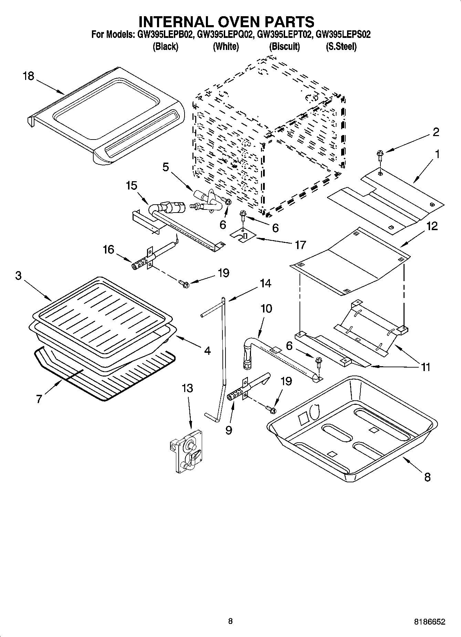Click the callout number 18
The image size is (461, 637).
(x=29, y=76)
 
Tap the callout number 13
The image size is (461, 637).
(x=187, y=388)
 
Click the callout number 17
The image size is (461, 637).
(x=300, y=245)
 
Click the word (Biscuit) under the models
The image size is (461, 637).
(x=284, y=47)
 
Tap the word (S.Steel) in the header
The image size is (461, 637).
(x=341, y=47)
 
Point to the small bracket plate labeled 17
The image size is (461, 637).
(x=243, y=236)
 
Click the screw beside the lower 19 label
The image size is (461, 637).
(x=271, y=409)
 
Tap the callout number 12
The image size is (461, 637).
(x=432, y=226)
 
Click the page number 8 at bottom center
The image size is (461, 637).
(x=230, y=621)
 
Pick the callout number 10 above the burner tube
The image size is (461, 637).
(x=266, y=308)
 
